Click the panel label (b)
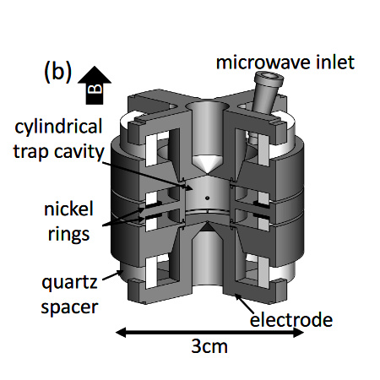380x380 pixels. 57,72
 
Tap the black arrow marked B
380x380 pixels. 95,85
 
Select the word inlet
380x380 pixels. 335,62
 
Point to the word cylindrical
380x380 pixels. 58,127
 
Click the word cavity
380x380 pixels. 79,152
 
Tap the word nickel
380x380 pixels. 68,209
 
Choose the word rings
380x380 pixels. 68,234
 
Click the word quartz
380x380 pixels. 69,283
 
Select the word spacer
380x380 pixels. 69,307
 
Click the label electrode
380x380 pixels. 291,320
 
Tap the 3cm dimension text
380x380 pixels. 209,346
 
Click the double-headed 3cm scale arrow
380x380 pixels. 209,333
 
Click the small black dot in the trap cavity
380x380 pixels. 208,198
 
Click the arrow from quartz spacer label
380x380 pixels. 113,275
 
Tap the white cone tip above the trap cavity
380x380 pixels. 208,173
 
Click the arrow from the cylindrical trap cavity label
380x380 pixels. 144,176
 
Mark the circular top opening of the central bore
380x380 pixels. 207,106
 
